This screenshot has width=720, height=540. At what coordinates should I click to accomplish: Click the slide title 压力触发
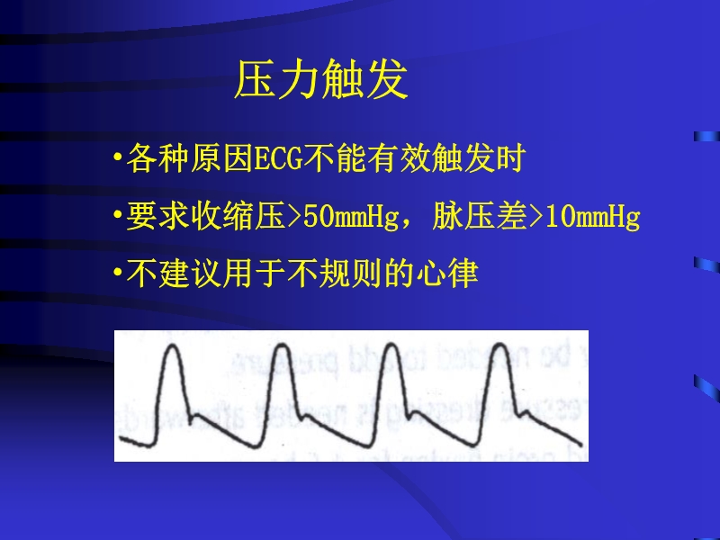[x=321, y=81]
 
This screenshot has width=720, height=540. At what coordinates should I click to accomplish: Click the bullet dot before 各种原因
[x=117, y=162]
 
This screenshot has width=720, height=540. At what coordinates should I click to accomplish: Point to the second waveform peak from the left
[x=280, y=346]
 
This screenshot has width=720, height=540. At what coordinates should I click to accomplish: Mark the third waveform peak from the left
[x=390, y=346]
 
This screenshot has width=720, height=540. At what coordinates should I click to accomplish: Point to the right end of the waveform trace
[x=580, y=440]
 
